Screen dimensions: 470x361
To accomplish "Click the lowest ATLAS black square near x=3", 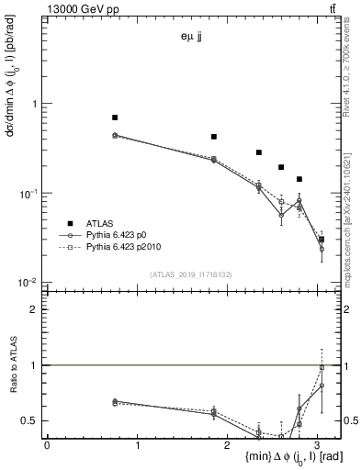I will [321, 239].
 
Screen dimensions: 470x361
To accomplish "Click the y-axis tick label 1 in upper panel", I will [36, 104].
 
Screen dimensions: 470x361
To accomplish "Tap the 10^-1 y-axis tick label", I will [30, 194].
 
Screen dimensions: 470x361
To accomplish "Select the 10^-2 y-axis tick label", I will [30, 283].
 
